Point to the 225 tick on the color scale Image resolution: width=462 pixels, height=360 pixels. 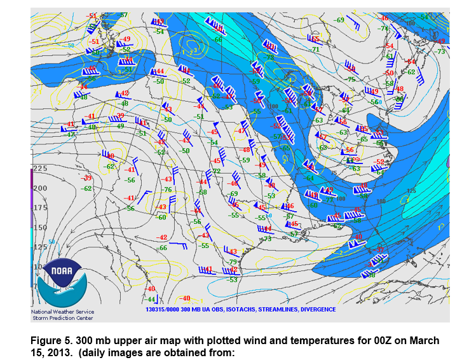40,168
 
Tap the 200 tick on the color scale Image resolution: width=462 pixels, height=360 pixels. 40,188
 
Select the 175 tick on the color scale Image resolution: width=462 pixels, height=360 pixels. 40,208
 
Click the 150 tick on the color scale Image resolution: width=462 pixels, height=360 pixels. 40,228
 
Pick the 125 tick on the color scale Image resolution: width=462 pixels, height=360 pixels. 40,247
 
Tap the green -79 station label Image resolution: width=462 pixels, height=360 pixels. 233,261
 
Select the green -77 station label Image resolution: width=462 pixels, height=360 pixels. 330,200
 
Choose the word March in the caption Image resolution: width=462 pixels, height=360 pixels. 423,341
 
